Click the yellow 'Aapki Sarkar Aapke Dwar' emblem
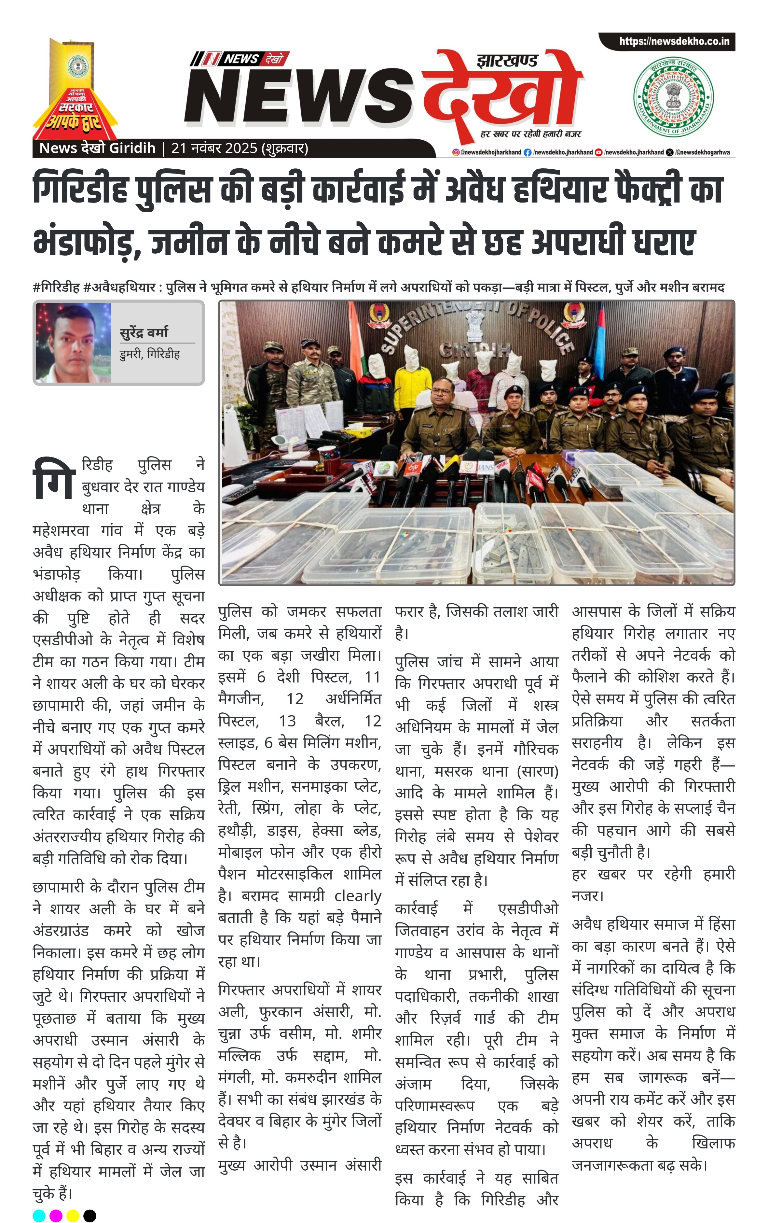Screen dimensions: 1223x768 [75, 89]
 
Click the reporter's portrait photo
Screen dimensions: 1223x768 [73, 342]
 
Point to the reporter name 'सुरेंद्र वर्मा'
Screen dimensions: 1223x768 [144, 333]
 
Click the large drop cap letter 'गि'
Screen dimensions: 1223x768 [54, 478]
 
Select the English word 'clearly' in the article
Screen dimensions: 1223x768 [358, 895]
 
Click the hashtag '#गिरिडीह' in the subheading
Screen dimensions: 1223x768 [56, 288]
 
